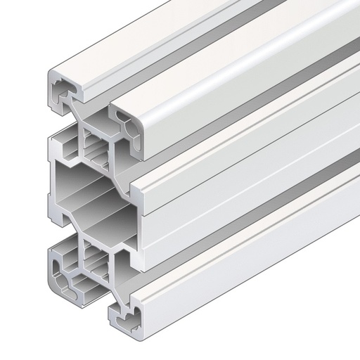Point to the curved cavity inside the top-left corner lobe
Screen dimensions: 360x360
62,90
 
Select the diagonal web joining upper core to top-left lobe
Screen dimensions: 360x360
79,116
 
